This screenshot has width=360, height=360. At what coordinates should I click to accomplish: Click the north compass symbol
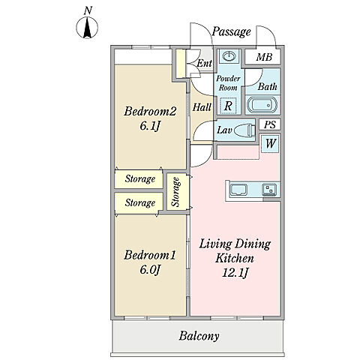click(x=87, y=28)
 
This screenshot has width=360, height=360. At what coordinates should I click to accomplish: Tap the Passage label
click(x=231, y=31)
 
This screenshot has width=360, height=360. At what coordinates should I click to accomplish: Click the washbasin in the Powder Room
click(x=228, y=55)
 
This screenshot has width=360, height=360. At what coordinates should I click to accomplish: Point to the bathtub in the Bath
click(x=262, y=105)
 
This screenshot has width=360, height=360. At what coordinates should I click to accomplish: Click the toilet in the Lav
click(x=246, y=130)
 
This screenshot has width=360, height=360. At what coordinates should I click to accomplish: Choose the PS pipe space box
click(x=270, y=124)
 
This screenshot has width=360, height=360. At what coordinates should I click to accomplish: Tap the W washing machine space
click(x=270, y=143)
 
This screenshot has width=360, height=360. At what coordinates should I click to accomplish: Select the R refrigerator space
click(x=228, y=106)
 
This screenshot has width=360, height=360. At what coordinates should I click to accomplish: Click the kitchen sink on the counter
click(x=238, y=190)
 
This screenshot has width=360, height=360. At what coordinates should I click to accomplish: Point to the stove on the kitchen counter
click(x=269, y=190)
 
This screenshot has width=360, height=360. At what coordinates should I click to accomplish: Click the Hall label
click(x=202, y=107)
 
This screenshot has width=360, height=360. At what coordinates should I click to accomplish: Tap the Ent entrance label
click(x=204, y=63)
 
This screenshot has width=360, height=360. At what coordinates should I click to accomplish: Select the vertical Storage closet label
click(x=176, y=192)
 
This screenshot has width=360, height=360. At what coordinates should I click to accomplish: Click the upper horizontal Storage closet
click(x=138, y=179)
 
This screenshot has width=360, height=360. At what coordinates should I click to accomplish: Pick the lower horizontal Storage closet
click(x=138, y=202)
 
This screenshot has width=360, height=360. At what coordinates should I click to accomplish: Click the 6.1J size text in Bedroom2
click(x=150, y=126)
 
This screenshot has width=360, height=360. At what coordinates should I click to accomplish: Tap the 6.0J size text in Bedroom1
click(x=150, y=270)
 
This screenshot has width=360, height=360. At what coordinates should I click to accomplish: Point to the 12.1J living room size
click(x=235, y=272)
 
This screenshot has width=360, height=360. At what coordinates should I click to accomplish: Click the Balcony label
click(x=199, y=336)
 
